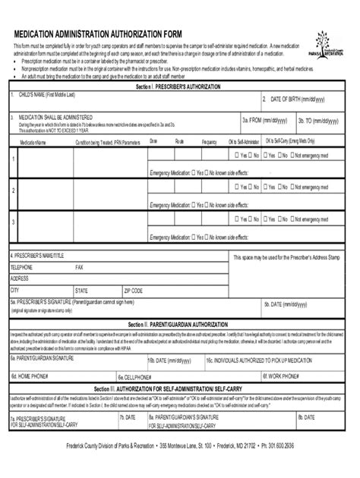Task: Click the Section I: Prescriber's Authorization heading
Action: click(x=179, y=87)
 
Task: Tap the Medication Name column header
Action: click(x=33, y=142)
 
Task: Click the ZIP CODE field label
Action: click(x=133, y=290)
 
